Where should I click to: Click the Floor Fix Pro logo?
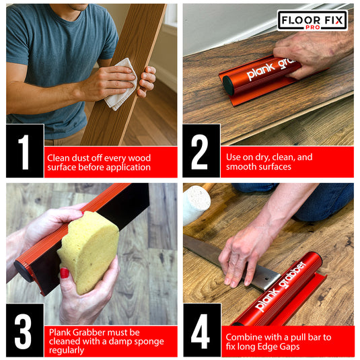(x=312, y=20)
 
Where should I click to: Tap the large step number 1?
(x=24, y=151)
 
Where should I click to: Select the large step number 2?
(x=201, y=151)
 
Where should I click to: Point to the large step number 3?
(x=24, y=330)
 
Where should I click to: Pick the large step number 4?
(x=201, y=330)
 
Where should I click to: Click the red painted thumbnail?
(x=65, y=273)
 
